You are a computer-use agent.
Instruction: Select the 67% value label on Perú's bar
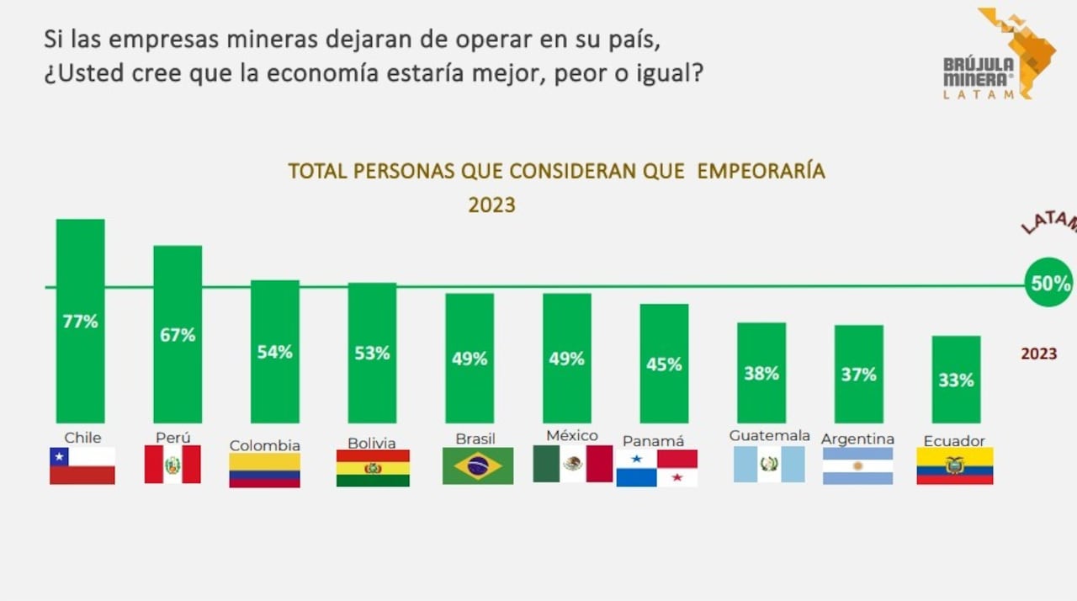pos(178,334)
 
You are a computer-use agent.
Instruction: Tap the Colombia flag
pos(264,471)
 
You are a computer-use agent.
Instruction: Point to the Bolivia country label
pos(371,443)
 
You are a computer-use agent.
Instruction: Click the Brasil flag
pos(478,465)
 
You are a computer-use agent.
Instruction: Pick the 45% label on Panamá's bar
pos(664,364)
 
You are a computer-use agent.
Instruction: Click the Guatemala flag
pos(769,464)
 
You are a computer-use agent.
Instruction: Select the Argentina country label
pos(857,439)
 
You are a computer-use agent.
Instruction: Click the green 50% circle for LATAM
pos(1049,283)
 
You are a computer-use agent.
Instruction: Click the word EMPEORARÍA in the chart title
pos(761,171)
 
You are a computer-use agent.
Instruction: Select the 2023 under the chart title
pos(491,205)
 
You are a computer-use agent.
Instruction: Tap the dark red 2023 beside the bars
pos(1038,354)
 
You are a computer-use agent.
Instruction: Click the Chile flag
pos(82,465)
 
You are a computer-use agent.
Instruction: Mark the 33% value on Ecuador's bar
pos(956,380)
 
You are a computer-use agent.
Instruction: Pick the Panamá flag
pos(656,468)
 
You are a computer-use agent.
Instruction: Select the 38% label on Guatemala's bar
pos(761,373)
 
